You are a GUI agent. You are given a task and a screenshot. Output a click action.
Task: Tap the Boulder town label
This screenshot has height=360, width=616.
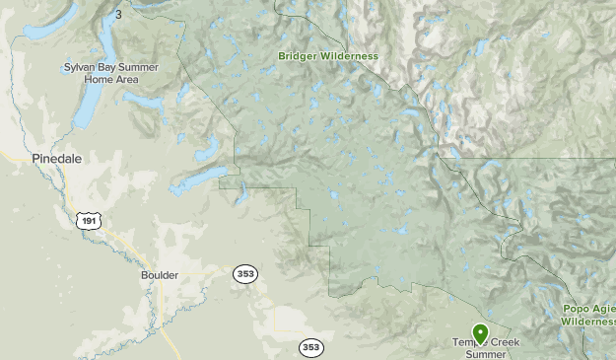coord(159,275)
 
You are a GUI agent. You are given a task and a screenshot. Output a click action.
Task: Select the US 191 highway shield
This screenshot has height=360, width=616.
coord(89,220)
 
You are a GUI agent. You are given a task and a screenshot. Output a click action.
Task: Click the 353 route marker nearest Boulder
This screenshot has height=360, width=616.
coord(245,273)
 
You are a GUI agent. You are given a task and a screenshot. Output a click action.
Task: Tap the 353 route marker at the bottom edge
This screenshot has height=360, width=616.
coord(311,347)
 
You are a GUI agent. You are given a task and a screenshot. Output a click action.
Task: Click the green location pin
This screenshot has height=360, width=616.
coord(480,333)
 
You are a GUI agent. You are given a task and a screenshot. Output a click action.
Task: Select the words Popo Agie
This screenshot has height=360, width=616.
coord(589,309)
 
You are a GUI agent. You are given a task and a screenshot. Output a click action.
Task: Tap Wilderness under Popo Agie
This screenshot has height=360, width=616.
coord(589,321)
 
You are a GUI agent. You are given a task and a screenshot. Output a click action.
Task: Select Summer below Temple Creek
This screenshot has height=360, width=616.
coord(486,354)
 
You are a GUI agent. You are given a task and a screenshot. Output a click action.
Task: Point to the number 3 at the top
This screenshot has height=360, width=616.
coord(118,14)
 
